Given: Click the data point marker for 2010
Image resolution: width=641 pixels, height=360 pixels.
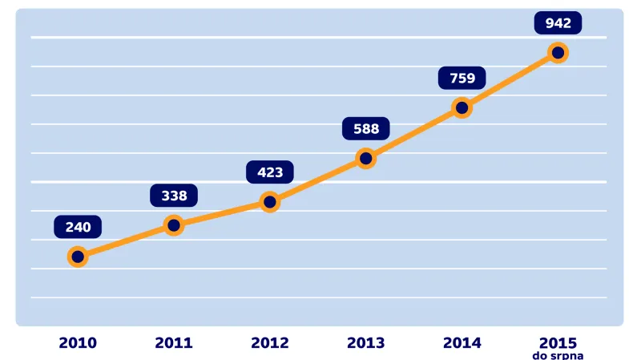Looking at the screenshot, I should pyautogui.click(x=78, y=257).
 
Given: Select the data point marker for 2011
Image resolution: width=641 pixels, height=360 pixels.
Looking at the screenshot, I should pyautogui.click(x=174, y=225).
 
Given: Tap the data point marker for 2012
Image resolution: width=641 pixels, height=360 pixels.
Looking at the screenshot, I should pyautogui.click(x=270, y=202).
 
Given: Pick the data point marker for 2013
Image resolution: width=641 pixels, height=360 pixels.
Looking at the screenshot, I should pyautogui.click(x=366, y=159).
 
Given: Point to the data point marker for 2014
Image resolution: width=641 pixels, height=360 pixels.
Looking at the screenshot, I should pyautogui.click(x=462, y=107).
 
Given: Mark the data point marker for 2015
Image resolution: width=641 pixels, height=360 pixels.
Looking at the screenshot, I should pyautogui.click(x=558, y=53).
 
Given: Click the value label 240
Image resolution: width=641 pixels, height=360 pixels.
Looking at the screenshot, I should pyautogui.click(x=78, y=227).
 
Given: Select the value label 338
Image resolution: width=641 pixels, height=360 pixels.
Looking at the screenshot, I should pyautogui.click(x=174, y=195).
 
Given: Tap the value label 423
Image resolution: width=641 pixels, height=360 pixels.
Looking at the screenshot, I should pyautogui.click(x=270, y=172).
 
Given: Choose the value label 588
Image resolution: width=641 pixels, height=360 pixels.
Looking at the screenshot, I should pyautogui.click(x=366, y=128).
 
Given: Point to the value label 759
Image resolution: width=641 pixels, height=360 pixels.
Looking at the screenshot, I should pyautogui.click(x=462, y=78).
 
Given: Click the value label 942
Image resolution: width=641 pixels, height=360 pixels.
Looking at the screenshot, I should pyautogui.click(x=558, y=22).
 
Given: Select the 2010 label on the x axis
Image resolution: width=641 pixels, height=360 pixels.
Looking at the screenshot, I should pyautogui.click(x=78, y=342).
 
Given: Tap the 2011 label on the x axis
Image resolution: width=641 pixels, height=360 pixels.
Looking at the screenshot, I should pyautogui.click(x=174, y=342).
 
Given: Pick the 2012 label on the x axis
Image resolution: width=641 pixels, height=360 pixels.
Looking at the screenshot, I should pyautogui.click(x=270, y=342).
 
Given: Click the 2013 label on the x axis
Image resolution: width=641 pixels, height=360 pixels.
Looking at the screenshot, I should pyautogui.click(x=366, y=342).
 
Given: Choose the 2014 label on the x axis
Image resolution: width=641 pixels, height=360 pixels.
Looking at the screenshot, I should pyautogui.click(x=462, y=342).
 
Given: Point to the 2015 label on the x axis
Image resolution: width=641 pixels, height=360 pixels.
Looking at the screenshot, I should pyautogui.click(x=558, y=342).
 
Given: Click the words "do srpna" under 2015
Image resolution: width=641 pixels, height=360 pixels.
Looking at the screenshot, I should pyautogui.click(x=558, y=354).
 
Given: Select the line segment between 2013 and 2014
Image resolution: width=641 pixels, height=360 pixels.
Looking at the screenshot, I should pyautogui.click(x=413, y=133).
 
